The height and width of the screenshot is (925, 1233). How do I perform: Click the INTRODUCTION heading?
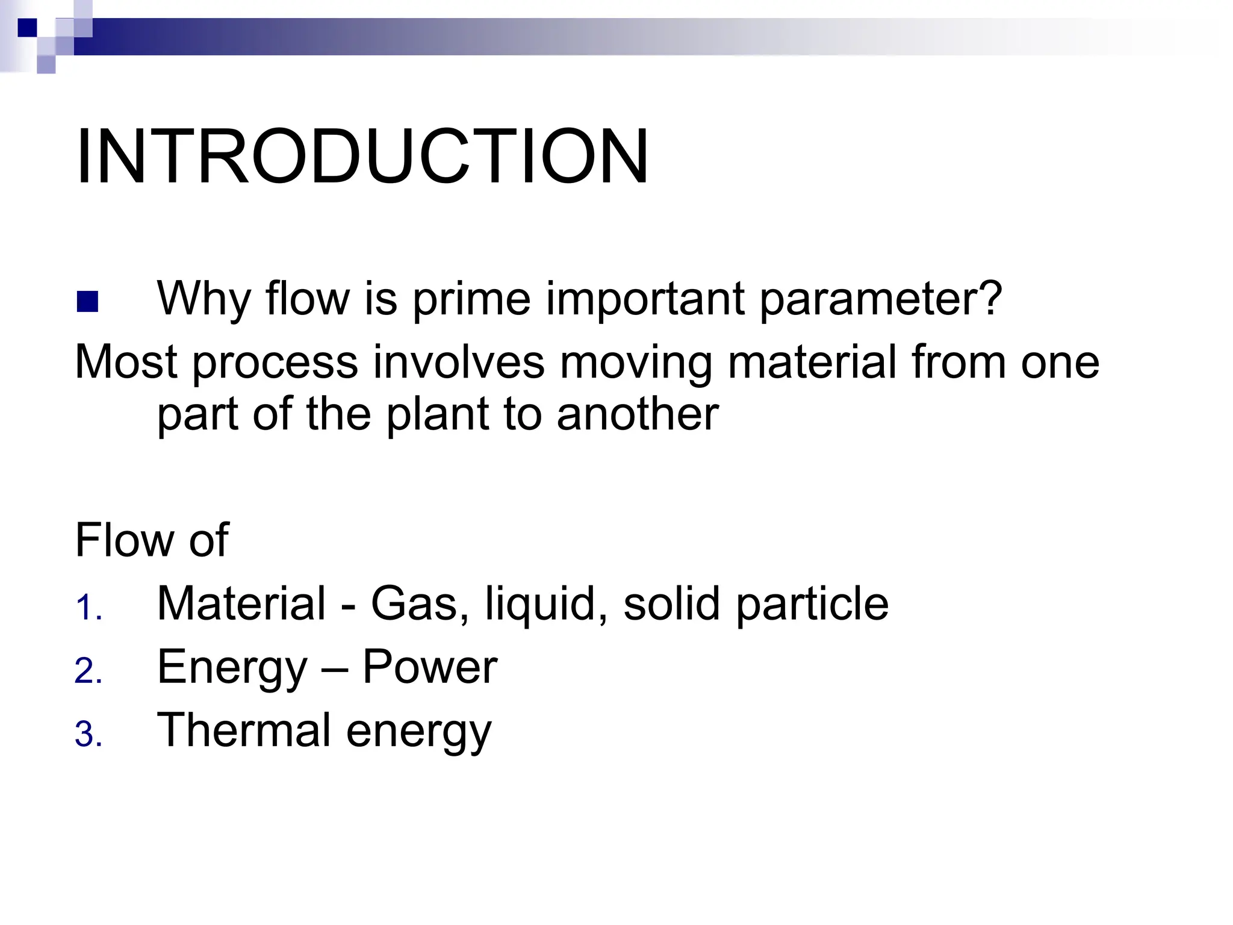coord(362,157)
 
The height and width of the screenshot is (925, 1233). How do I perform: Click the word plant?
coord(438,416)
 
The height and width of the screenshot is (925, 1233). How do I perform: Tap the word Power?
coord(429,667)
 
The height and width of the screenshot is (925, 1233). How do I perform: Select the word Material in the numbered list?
coord(241,603)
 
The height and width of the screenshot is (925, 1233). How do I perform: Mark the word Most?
coord(126,363)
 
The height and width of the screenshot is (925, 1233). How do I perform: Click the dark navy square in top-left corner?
coord(27,28)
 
